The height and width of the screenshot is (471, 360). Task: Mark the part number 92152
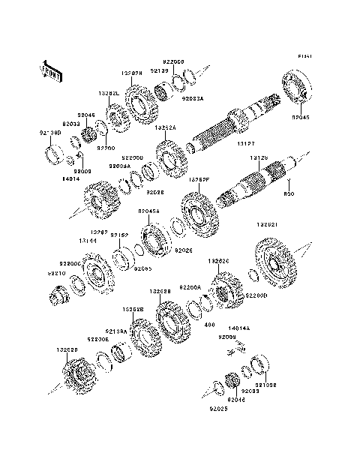point(119,235)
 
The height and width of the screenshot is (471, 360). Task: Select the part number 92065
point(143,268)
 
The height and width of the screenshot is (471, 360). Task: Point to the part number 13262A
point(166,128)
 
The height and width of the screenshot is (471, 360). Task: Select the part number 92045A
point(148,211)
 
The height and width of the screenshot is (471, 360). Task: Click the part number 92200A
point(193,287)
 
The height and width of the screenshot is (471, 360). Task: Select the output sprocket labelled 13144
point(94,274)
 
